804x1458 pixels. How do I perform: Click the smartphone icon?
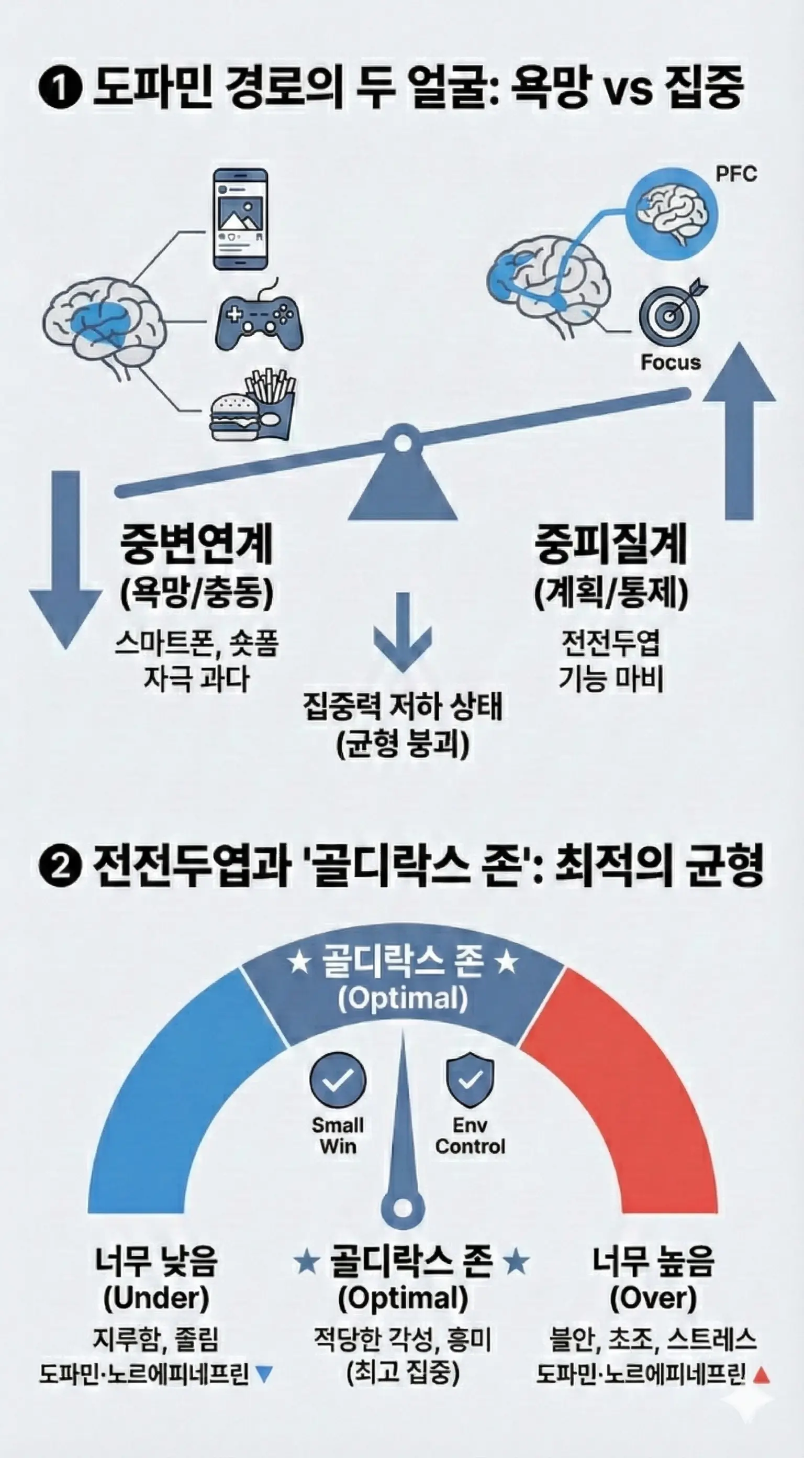240,219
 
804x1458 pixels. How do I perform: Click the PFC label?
735,174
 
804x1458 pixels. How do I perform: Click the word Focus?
671,362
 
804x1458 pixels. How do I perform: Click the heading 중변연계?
196,544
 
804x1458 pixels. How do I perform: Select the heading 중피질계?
611,544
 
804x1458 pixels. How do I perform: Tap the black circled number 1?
61,89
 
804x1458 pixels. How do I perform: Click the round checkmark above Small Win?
338,1080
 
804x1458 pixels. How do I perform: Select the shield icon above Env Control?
470,1080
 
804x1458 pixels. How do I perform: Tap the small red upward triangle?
762,1375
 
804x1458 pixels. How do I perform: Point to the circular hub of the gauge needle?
403,1206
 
